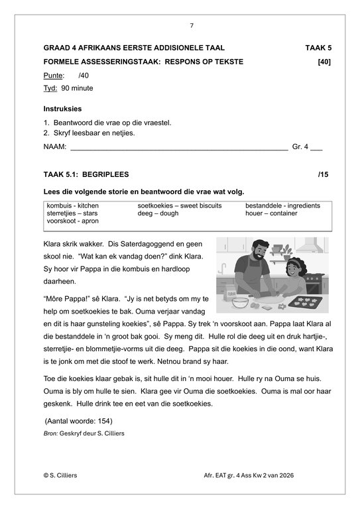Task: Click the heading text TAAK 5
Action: point(318,48)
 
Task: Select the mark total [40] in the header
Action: point(324,62)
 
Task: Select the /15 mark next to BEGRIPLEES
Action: point(324,174)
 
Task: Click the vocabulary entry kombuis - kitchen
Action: point(72,206)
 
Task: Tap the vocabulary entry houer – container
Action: point(274,213)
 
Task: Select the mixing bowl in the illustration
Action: point(240,303)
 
